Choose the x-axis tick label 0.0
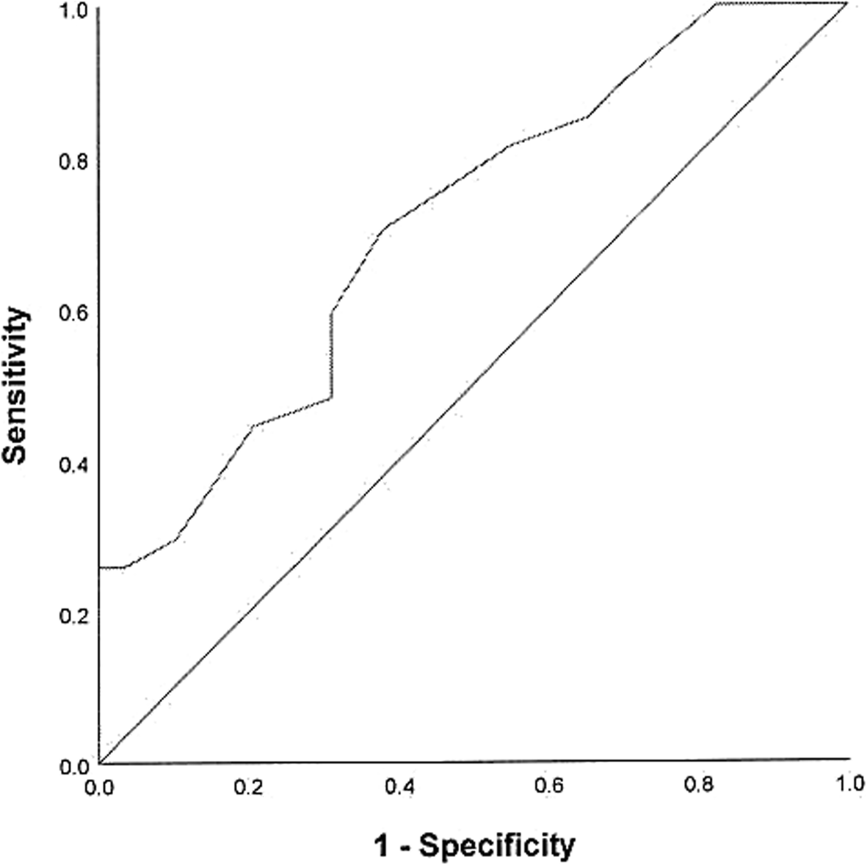tap(98, 786)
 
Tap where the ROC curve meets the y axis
tap(99, 567)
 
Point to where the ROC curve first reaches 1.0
tap(717, 4)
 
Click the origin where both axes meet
tap(99, 764)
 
